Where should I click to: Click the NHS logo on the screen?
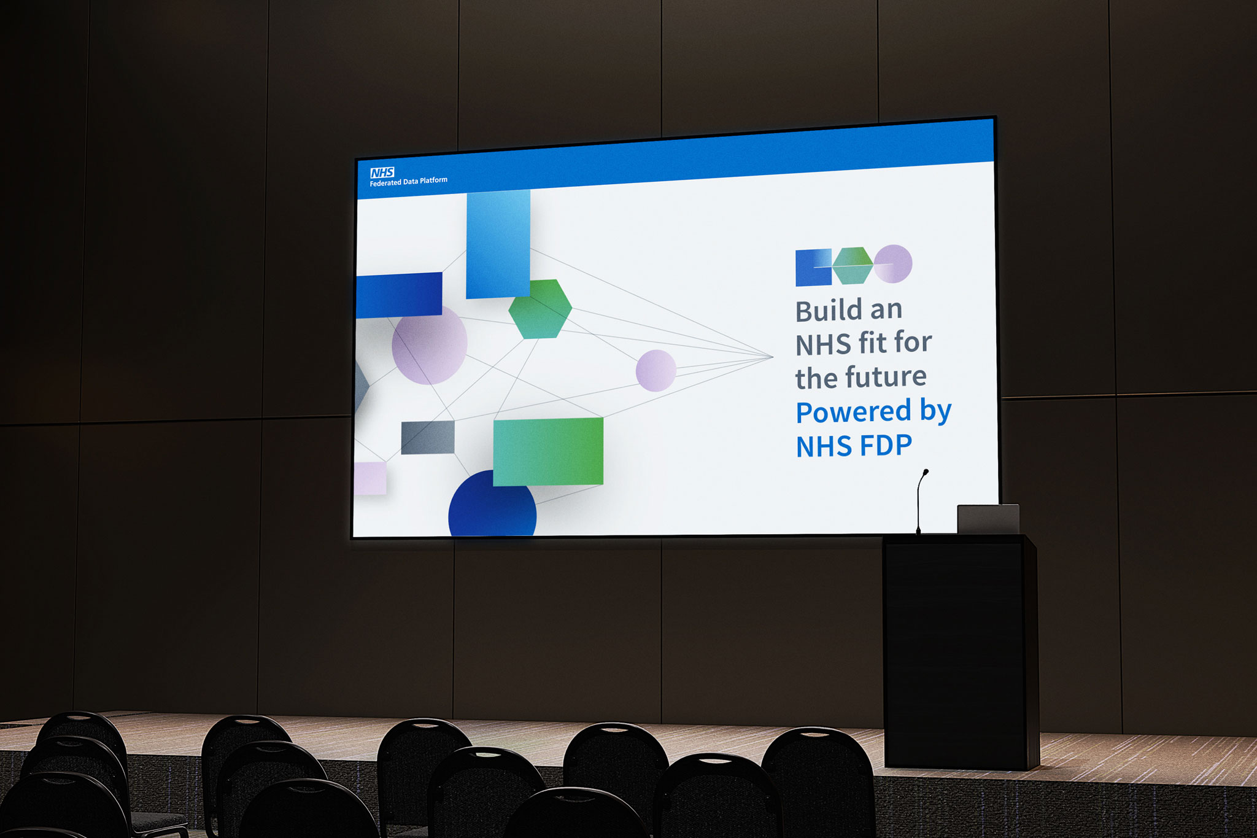point(382,173)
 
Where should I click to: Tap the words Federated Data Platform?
point(408,182)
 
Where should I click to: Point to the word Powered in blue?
point(853,411)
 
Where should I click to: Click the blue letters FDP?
point(886,446)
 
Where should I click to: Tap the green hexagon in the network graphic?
point(540,309)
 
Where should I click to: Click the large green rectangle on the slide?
point(548,451)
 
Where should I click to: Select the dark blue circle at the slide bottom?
point(492,503)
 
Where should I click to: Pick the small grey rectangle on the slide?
point(428,437)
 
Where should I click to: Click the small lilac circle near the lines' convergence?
point(656,370)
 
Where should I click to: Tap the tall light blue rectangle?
point(498,244)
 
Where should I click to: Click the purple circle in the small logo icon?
point(893,264)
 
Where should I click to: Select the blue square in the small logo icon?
point(813,268)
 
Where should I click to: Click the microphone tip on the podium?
point(926,472)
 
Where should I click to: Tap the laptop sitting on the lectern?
point(988,519)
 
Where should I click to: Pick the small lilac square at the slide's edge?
point(371,478)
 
